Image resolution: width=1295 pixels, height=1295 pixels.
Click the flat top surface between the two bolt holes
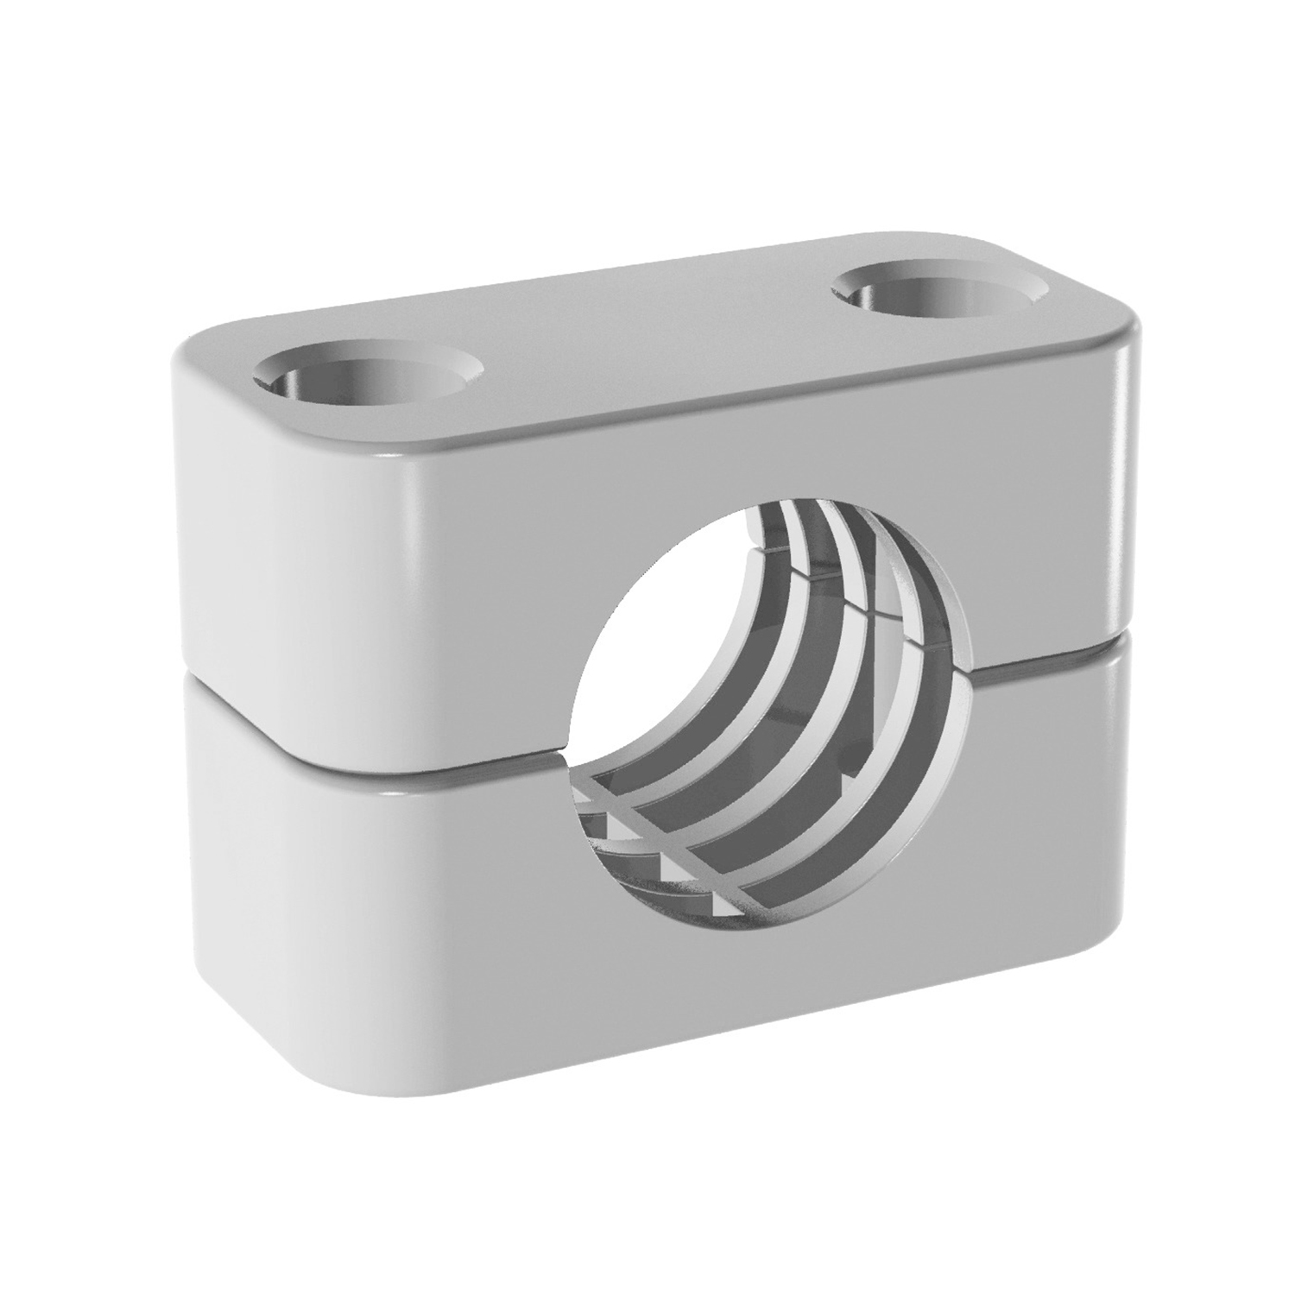coord(656,345)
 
